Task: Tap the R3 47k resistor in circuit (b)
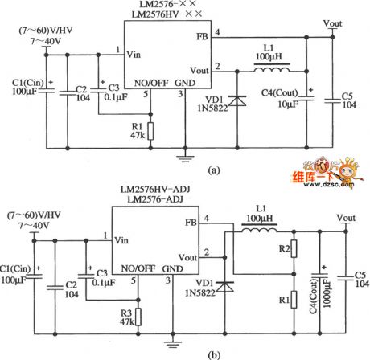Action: [x=138, y=315]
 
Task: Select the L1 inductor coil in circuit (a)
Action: [x=273, y=70]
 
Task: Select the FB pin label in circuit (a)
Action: [x=201, y=37]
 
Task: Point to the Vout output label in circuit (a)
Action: [x=331, y=23]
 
